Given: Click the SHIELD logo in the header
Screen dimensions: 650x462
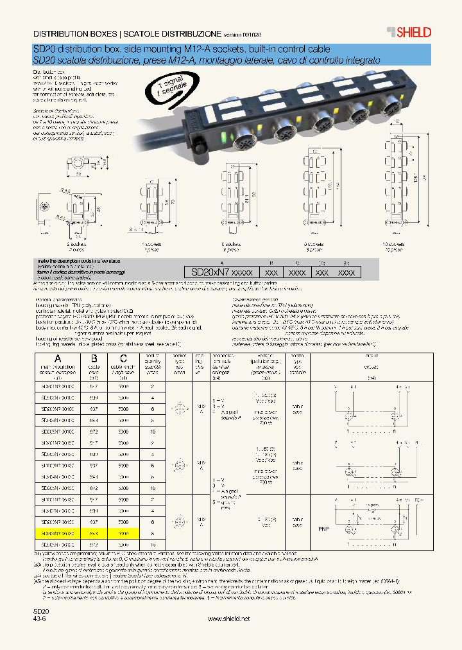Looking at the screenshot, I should coord(408,32).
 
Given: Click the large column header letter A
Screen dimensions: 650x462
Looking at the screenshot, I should coord(58,359).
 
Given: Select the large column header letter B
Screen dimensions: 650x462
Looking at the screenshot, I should coord(94,359).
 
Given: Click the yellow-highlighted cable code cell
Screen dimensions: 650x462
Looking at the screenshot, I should coord(94,533).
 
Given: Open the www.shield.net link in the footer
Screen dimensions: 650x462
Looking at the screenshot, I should coord(230,619).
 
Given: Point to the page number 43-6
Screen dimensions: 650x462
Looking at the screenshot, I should coord(40,619).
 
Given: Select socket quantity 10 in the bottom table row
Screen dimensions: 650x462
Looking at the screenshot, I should coord(153,544).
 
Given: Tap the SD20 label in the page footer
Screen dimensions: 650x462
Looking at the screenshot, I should coord(41,611).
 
